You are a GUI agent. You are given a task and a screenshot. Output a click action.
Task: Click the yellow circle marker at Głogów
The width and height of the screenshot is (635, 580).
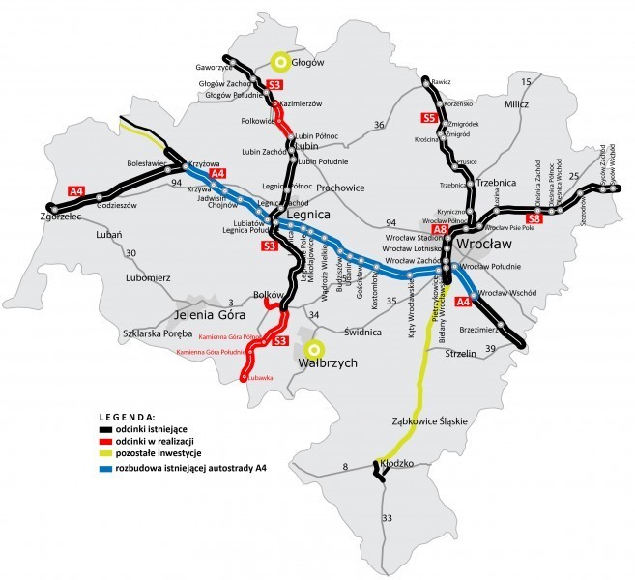click(x=280, y=63)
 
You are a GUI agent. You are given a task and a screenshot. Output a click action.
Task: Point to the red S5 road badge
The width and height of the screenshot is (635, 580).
click(x=431, y=118)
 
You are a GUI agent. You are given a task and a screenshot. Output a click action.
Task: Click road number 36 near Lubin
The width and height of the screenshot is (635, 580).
click(x=379, y=125)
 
